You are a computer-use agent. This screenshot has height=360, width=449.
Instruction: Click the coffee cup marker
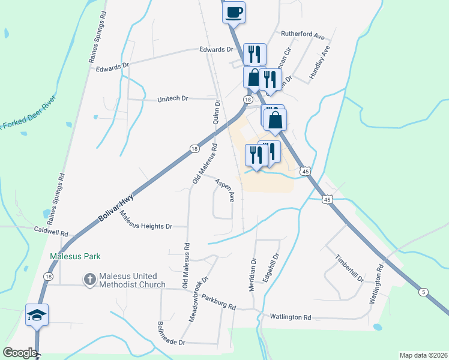[x=234, y=11]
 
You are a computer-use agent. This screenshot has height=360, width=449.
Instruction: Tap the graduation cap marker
[x=37, y=314]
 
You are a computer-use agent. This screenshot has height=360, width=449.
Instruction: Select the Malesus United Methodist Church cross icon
[x=89, y=279]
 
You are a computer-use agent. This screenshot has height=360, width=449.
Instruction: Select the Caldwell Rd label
[x=51, y=230]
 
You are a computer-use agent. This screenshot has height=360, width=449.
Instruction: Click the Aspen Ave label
[x=223, y=189]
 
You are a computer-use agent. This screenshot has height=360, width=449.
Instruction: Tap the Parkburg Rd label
[x=219, y=302]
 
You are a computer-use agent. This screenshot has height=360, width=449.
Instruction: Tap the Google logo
[x=20, y=353]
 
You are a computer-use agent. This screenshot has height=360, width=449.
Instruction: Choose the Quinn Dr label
[x=216, y=112]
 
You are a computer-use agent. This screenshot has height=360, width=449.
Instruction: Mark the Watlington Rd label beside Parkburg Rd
[x=291, y=317]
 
